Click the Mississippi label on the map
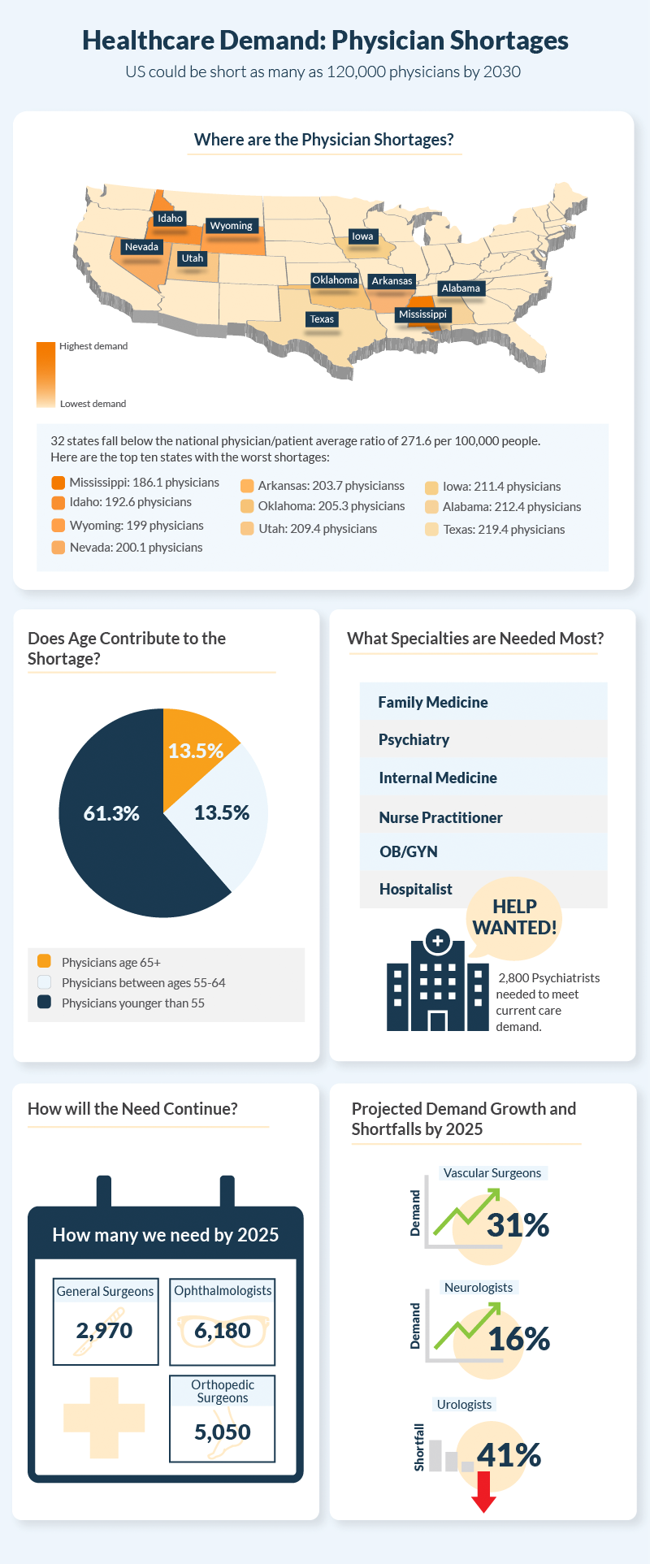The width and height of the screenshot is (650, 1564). (422, 314)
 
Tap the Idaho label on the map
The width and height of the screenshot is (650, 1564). (170, 219)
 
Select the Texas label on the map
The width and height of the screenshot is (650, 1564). (322, 319)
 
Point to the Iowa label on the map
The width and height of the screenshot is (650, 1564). (362, 236)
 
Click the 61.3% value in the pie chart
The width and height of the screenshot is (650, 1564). (111, 813)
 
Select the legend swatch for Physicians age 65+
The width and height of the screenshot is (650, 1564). (44, 961)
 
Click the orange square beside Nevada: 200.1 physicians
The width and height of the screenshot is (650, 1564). (58, 547)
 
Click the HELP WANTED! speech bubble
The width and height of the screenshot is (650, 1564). (514, 917)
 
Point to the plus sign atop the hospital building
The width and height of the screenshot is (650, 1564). (438, 941)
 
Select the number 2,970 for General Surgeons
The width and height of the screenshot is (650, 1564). (104, 1330)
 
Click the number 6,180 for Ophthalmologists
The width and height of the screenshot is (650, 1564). (223, 1330)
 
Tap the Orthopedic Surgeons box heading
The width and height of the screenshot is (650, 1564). (223, 1391)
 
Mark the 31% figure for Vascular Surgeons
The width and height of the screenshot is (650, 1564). (518, 1225)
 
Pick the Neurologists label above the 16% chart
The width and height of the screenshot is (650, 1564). (479, 1287)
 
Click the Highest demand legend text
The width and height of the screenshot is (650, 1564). (93, 346)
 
